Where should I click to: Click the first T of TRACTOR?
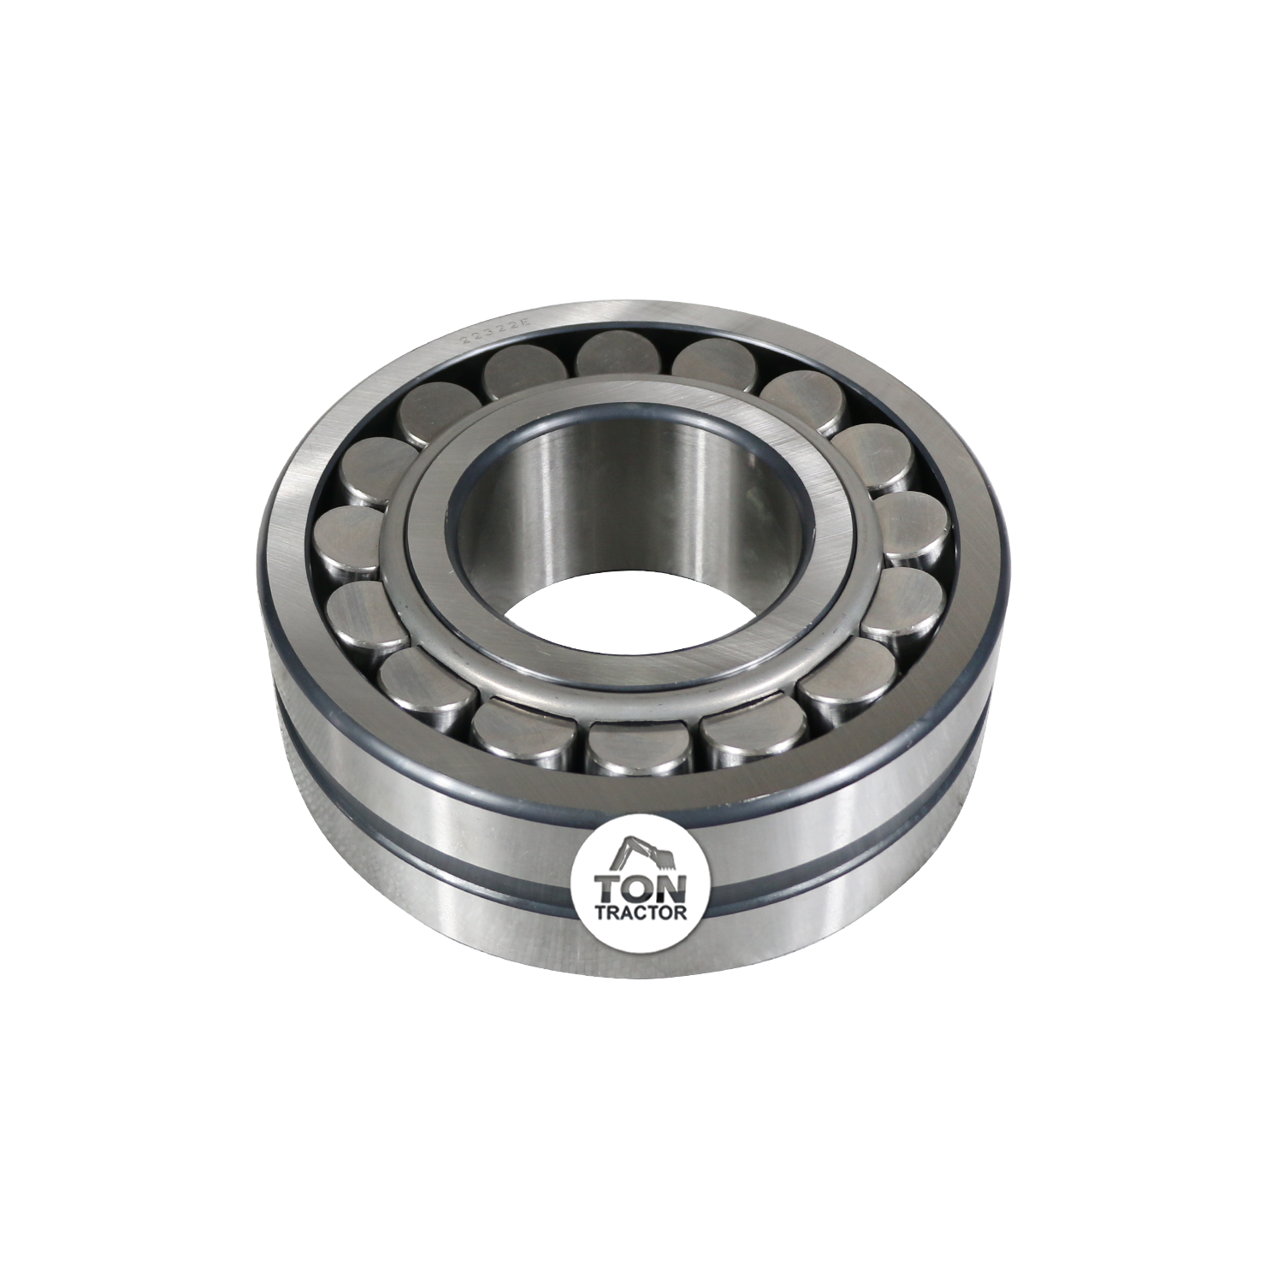coord(598,913)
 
